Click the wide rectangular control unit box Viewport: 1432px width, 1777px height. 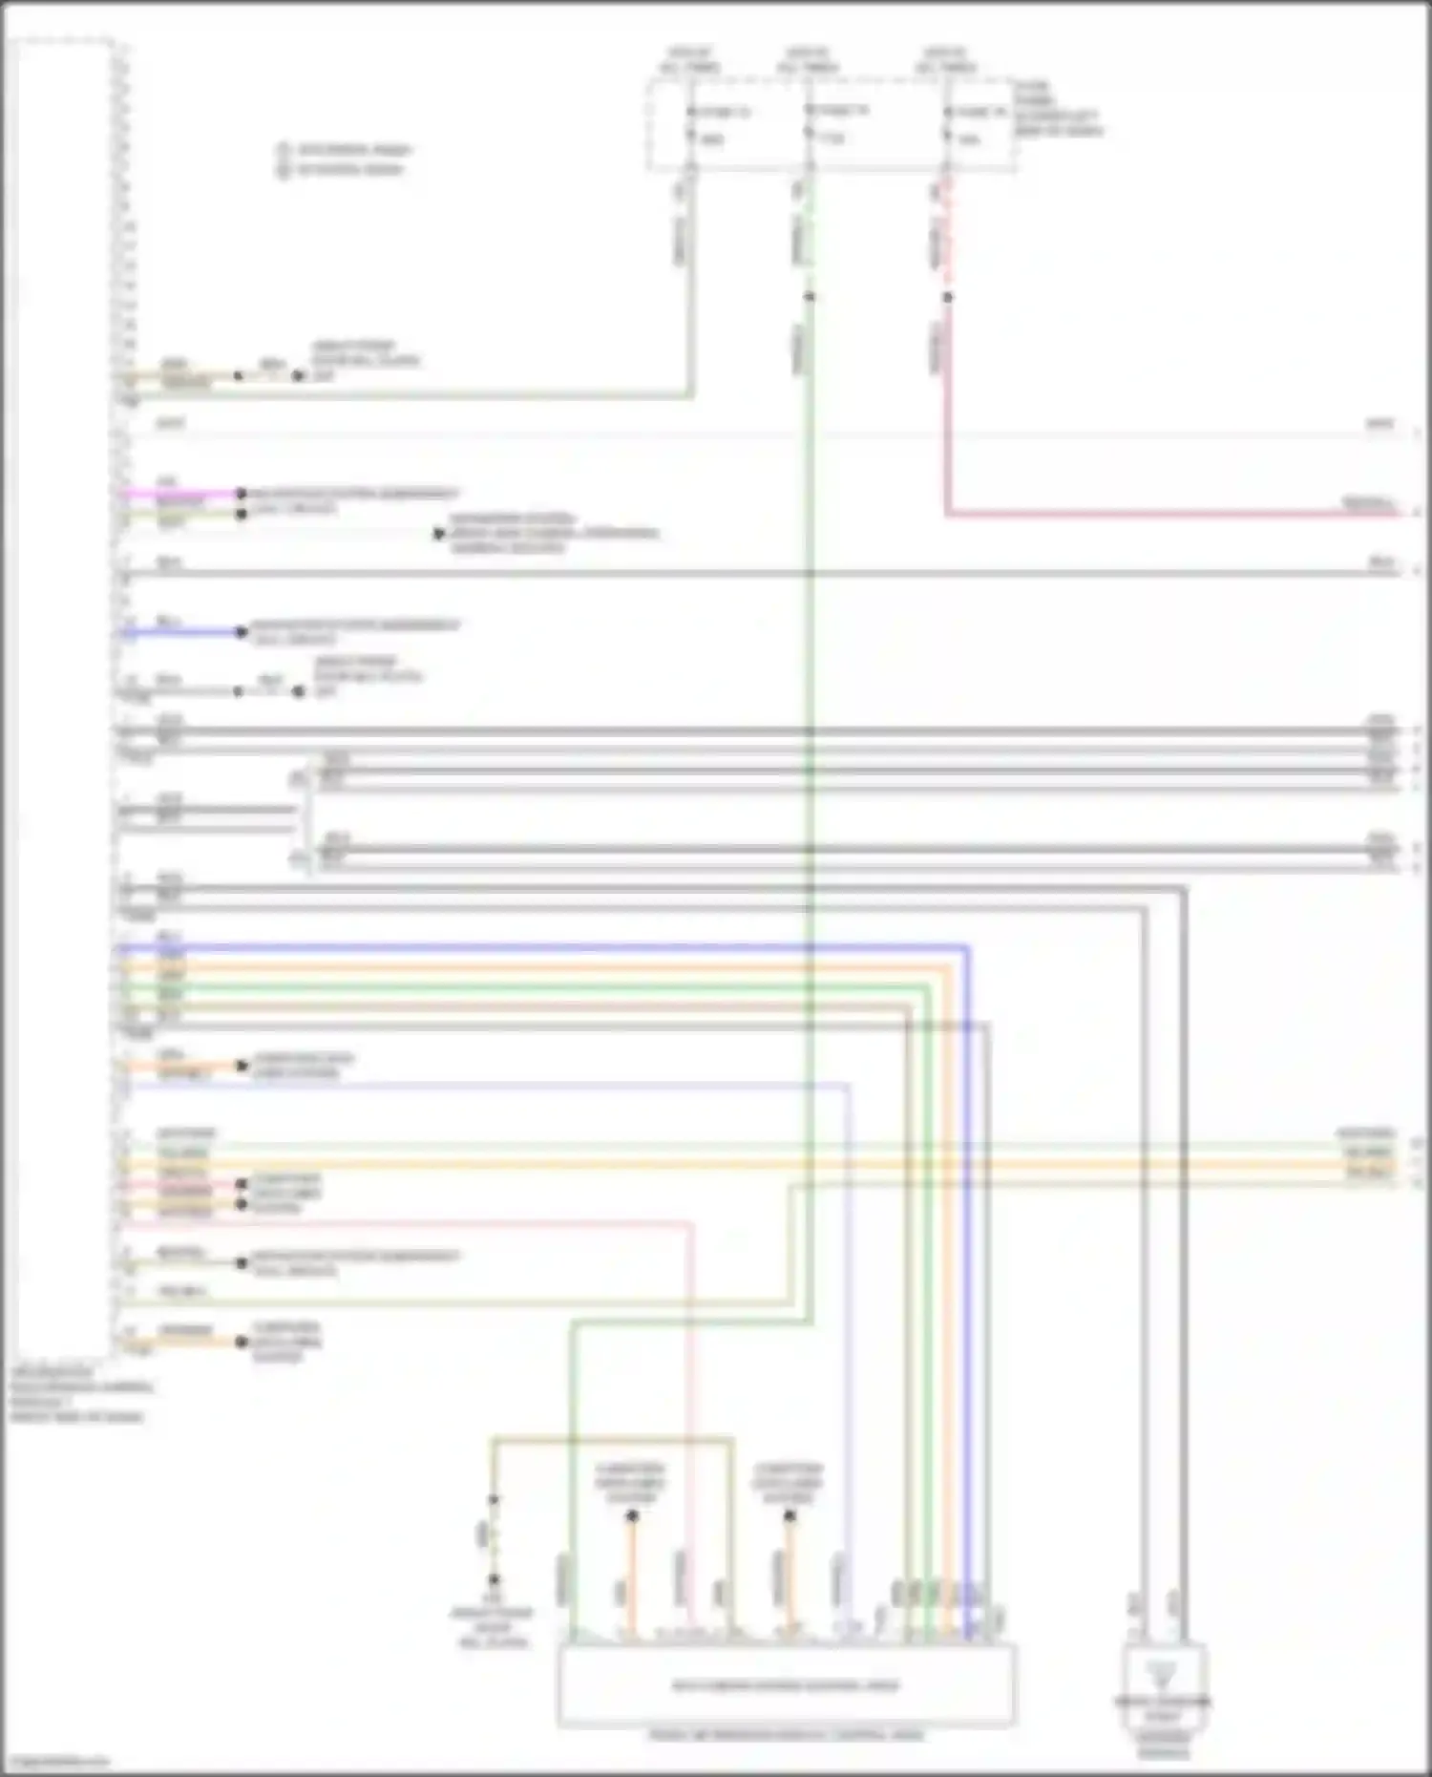(786, 1684)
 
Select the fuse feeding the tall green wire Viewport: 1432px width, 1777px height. (809, 124)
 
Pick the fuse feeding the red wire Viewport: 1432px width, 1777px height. (947, 125)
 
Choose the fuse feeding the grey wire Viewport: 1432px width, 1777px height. (690, 125)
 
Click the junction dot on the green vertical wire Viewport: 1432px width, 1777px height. (809, 297)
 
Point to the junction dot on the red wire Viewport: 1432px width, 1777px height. (947, 298)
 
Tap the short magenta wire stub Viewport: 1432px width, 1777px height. (181, 494)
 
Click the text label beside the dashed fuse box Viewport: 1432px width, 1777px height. (1055, 108)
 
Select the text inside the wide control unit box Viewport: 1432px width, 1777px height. (786, 1685)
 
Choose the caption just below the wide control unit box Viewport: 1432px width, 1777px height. (786, 1734)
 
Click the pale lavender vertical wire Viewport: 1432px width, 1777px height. (848, 1337)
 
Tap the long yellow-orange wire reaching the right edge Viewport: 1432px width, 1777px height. (764, 1165)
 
